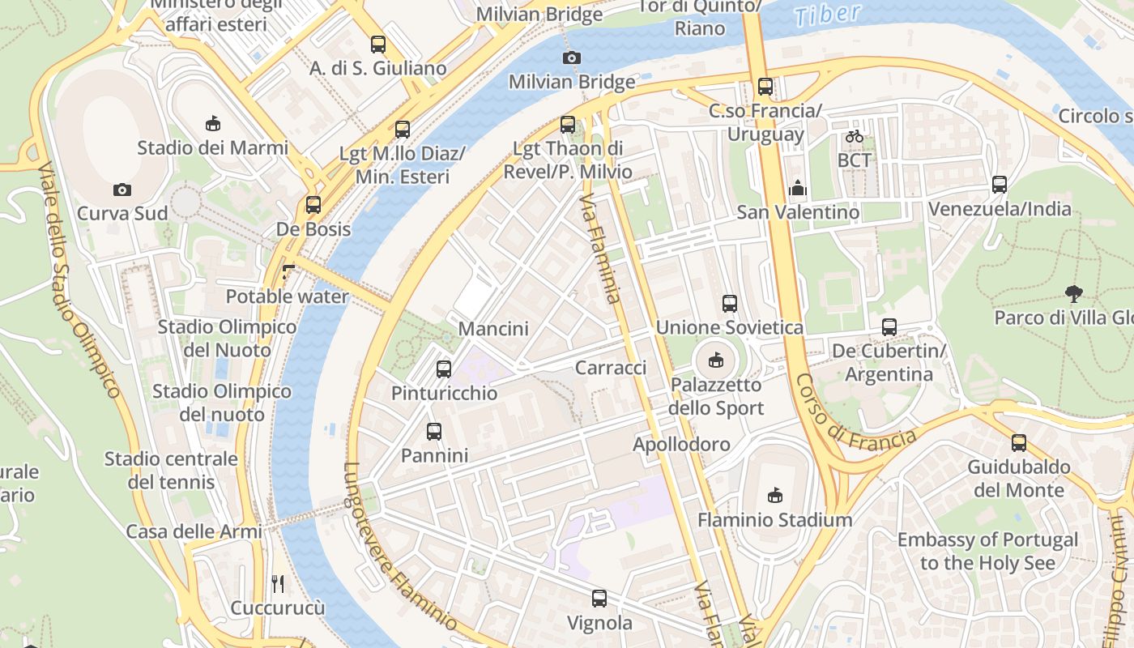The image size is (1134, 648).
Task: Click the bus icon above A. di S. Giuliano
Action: (378, 45)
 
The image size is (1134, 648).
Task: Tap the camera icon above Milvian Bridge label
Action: (572, 58)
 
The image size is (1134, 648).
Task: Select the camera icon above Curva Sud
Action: (122, 190)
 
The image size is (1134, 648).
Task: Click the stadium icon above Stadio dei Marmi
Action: (213, 123)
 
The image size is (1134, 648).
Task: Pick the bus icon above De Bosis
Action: (313, 205)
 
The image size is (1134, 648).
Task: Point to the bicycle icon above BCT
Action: (854, 136)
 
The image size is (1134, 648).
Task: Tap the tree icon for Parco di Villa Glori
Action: (1074, 293)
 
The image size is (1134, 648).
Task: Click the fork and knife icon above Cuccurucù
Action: (278, 583)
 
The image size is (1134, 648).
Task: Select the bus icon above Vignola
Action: (599, 599)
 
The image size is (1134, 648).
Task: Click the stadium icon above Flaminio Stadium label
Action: (775, 495)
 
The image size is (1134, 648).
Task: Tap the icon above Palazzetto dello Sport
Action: (716, 360)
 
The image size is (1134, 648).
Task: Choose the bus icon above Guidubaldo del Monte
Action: (1019, 443)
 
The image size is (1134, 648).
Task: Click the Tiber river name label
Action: (827, 15)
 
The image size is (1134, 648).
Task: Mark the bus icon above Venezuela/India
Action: (1000, 185)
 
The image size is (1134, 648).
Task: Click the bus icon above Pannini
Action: (434, 432)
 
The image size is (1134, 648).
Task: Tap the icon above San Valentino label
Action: (798, 188)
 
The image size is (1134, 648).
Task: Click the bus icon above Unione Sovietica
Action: (730, 304)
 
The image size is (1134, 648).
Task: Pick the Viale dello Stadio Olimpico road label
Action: (79, 279)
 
